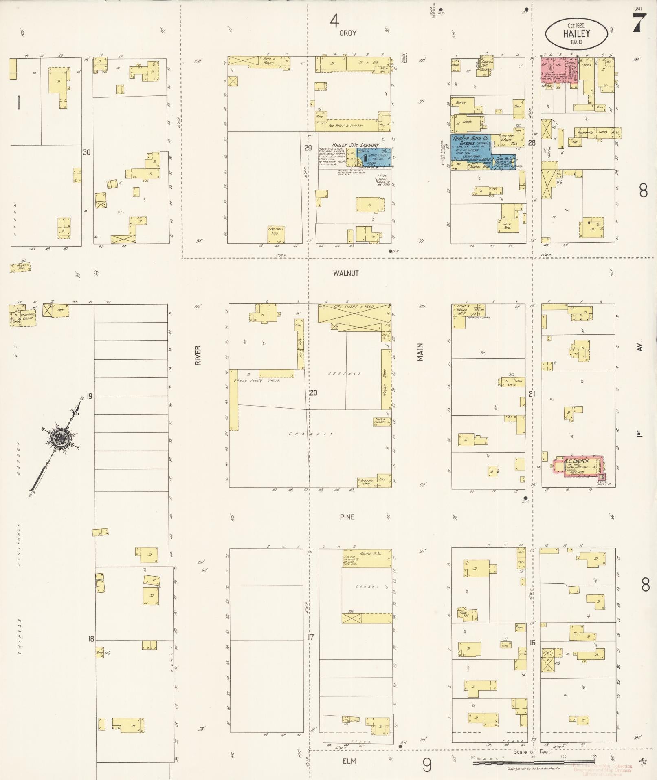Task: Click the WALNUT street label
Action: [x=345, y=273]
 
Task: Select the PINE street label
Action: [x=347, y=517]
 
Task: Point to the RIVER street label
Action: [x=198, y=355]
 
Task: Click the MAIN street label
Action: [x=420, y=352]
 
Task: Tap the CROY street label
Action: [x=347, y=33]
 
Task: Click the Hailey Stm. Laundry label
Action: [x=355, y=145]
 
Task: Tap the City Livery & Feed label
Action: [x=354, y=307]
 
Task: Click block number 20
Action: [x=313, y=393]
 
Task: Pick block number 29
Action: [x=308, y=148]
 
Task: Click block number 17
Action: [x=311, y=637]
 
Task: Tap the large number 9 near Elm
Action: [x=426, y=765]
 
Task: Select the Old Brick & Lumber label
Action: [x=345, y=126]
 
